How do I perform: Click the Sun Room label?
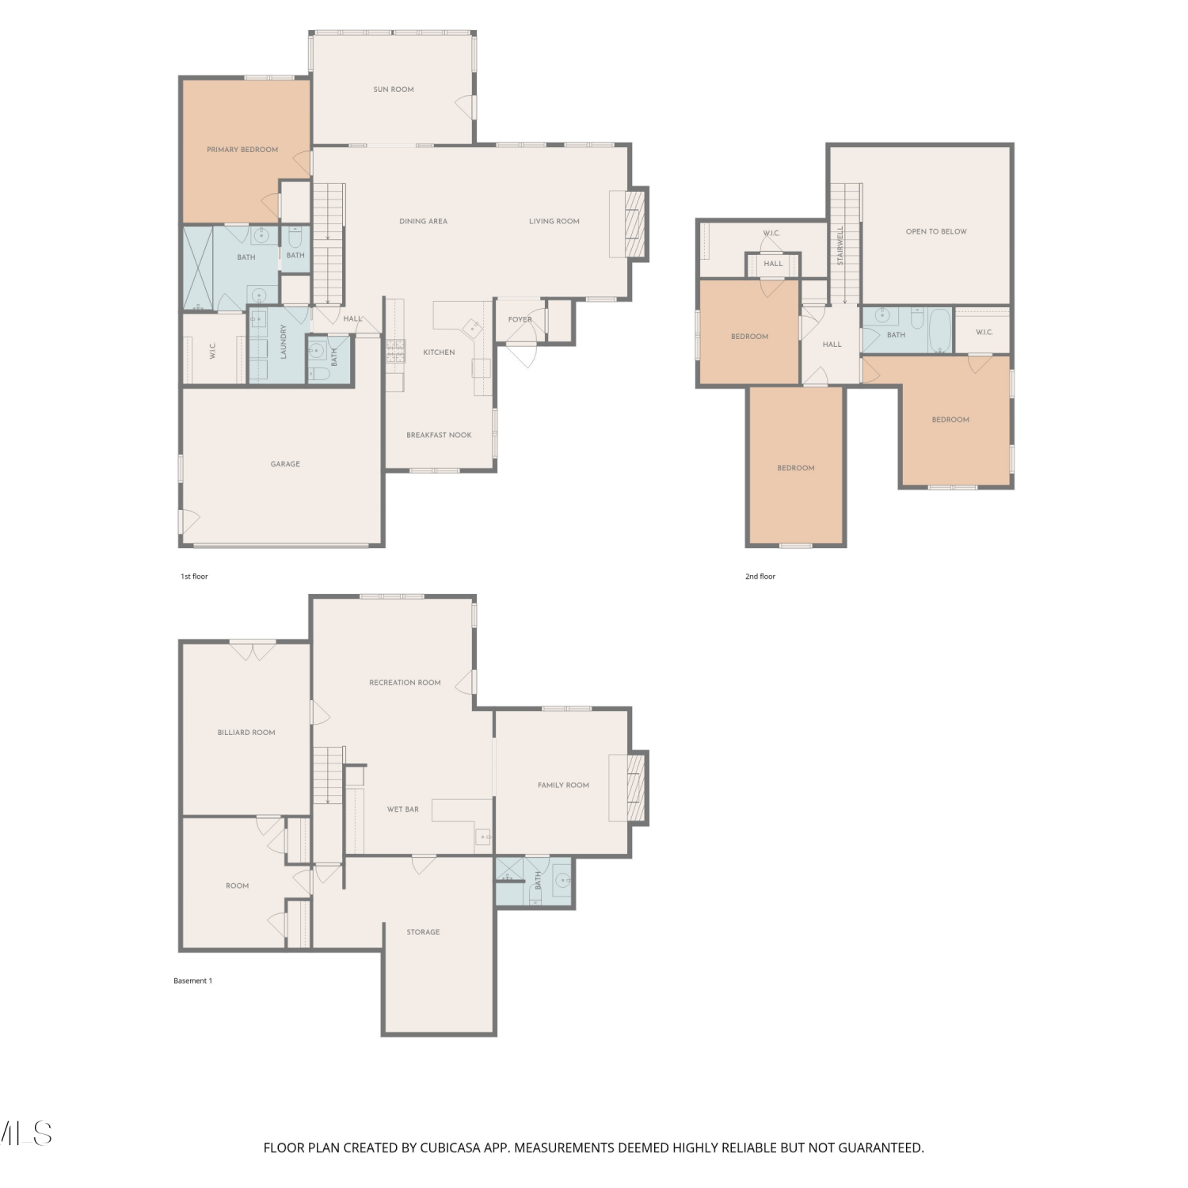coord(394,89)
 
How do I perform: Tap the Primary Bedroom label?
coord(242,150)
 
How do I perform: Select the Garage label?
coord(285,464)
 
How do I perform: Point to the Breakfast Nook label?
coord(439,435)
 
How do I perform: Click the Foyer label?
coord(520,319)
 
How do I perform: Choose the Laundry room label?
coord(283,341)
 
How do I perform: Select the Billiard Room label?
coord(246,733)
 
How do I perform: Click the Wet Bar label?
coord(403,809)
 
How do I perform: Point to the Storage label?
coord(423,932)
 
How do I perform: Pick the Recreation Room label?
coord(405,683)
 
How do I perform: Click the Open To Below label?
coord(936,232)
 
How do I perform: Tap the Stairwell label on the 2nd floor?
coord(840,245)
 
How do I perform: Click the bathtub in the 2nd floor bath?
coord(939,330)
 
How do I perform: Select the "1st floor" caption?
coord(194,577)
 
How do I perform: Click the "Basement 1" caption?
coord(193,980)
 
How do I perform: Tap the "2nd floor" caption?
coord(760,577)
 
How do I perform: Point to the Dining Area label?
coord(423,222)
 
